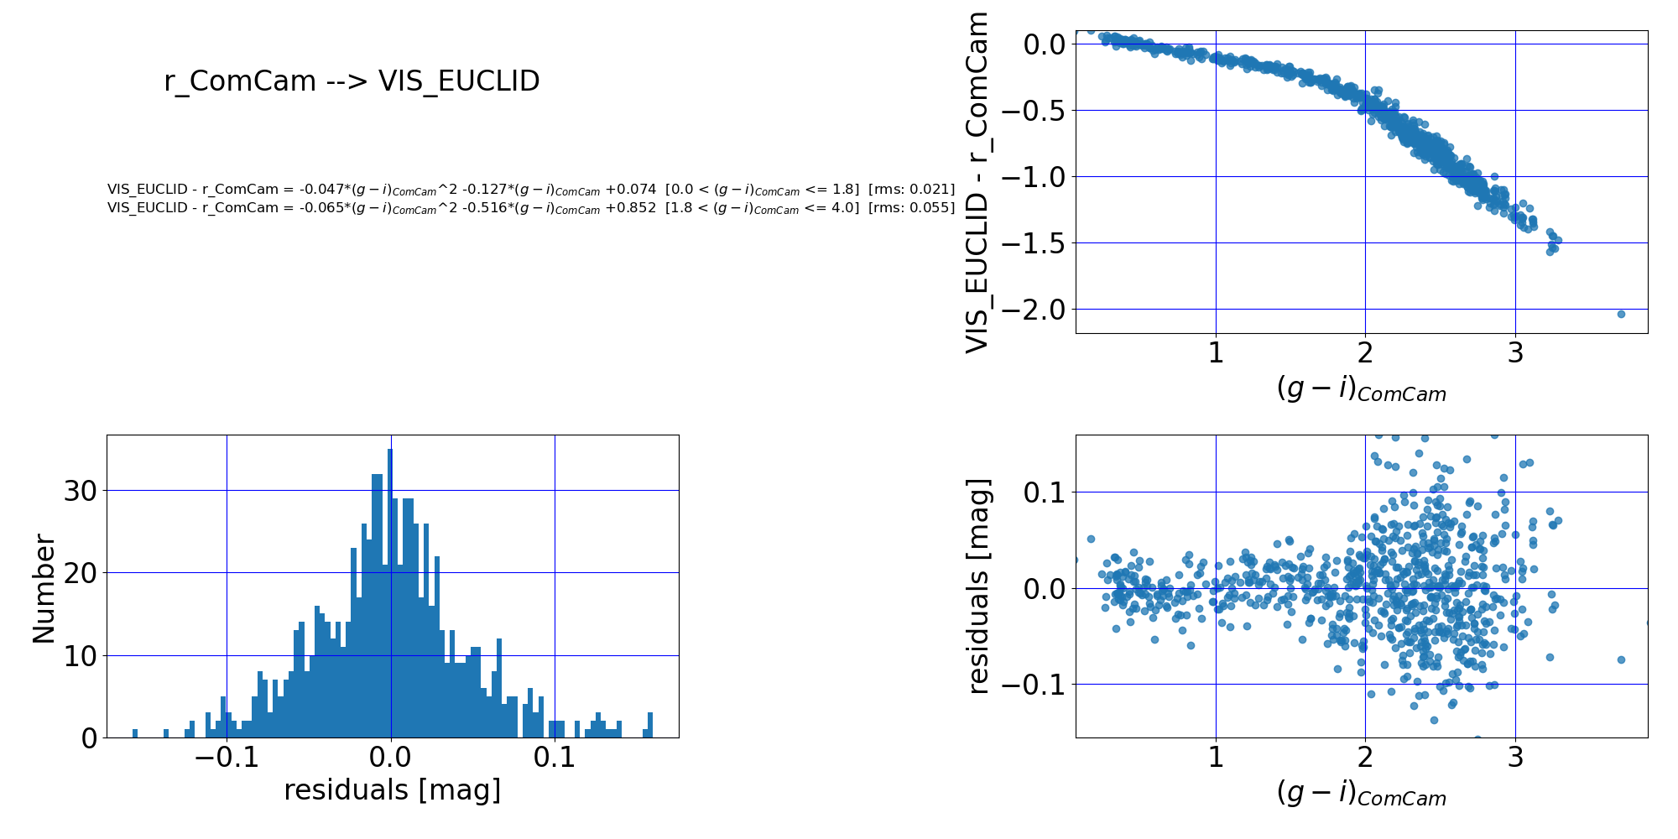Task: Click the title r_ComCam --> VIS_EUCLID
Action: (352, 81)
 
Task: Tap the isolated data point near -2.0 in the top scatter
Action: (1621, 314)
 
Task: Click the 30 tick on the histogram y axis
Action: (81, 491)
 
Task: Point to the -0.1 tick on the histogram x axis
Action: (226, 759)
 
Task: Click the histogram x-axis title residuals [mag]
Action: (392, 790)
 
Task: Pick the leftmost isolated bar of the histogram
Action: (135, 733)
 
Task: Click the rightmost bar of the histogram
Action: (650, 726)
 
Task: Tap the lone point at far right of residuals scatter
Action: (1621, 659)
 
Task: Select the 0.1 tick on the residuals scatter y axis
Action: (1045, 492)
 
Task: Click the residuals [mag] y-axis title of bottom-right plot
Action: (978, 586)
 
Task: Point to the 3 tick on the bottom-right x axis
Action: (1515, 758)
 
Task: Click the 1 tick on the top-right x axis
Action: (1216, 353)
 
